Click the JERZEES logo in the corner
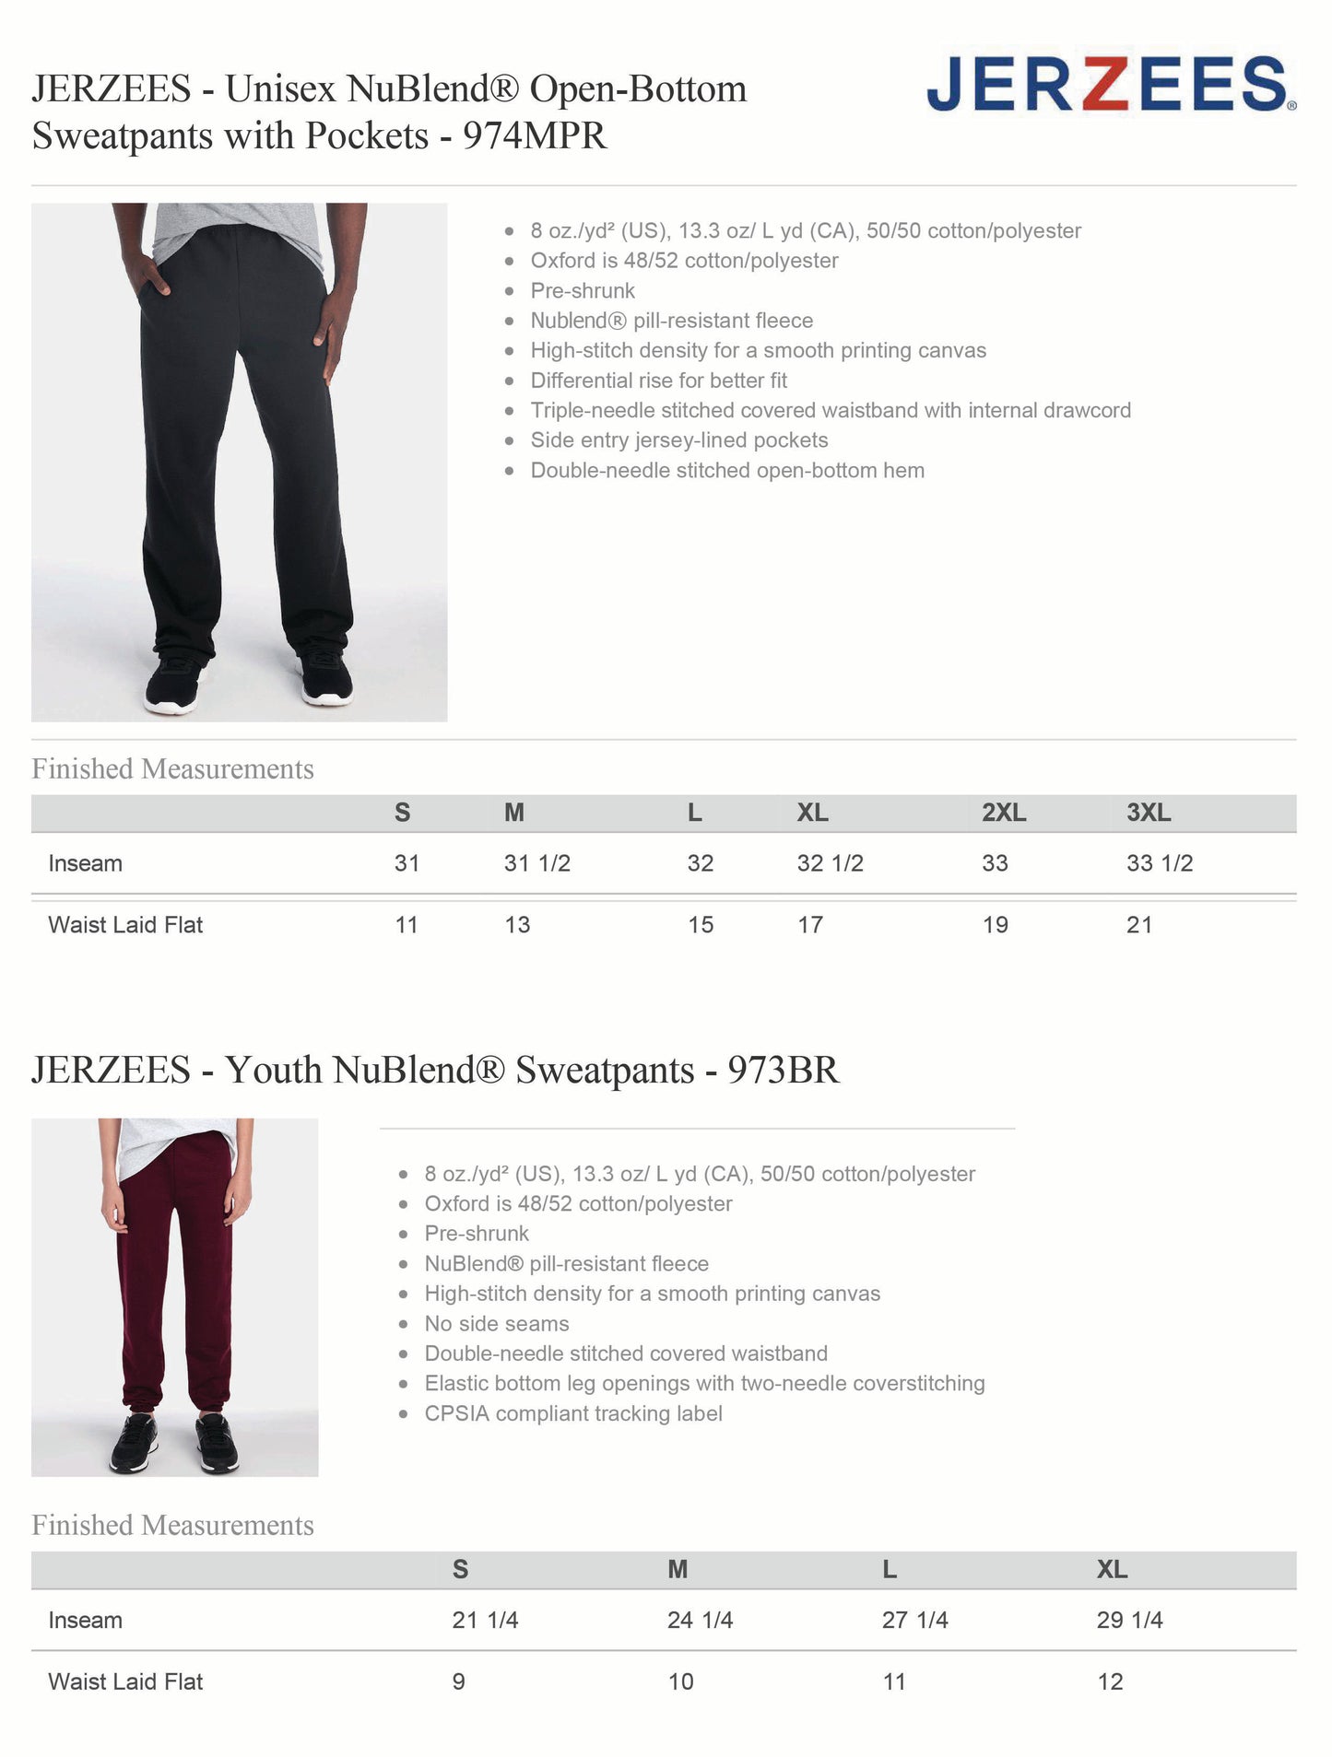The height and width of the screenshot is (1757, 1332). [1111, 84]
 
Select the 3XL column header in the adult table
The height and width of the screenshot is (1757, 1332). [1149, 813]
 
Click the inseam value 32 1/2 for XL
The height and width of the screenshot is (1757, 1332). [830, 863]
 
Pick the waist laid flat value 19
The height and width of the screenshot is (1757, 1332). [995, 925]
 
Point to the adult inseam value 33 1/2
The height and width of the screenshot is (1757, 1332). [1159, 863]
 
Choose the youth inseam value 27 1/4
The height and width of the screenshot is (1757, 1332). [914, 1620]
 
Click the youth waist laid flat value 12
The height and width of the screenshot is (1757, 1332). [1110, 1681]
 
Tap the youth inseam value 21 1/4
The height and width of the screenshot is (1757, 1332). [485, 1620]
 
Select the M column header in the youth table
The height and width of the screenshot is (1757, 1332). [678, 1569]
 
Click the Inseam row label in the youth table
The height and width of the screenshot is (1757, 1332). [85, 1620]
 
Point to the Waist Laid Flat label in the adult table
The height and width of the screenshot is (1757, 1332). [125, 925]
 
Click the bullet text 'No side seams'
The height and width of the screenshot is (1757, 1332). [496, 1323]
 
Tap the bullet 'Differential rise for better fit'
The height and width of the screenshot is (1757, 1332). [658, 381]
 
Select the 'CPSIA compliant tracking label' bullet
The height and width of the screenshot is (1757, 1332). [572, 1413]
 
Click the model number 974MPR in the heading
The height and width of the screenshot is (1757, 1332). [535, 135]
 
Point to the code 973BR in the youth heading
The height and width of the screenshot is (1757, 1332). [784, 1070]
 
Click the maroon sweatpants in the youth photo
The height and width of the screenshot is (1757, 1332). [175, 1290]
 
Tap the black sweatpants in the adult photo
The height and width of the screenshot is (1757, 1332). [244, 442]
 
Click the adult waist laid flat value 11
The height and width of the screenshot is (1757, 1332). [407, 925]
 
